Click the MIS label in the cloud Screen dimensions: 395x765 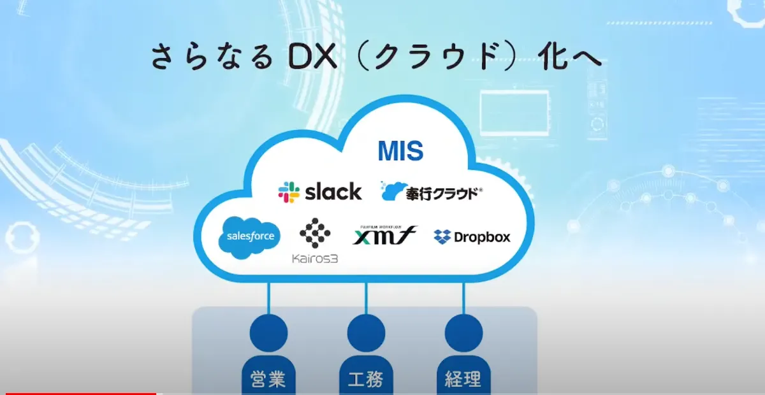click(x=400, y=151)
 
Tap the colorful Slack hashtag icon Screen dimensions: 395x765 click(x=289, y=192)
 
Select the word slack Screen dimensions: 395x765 click(x=333, y=191)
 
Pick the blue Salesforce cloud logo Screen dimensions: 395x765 click(x=249, y=236)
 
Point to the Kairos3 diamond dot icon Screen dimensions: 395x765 click(x=315, y=233)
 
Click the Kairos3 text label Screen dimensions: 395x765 click(x=315, y=258)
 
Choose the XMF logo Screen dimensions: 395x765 click(x=384, y=235)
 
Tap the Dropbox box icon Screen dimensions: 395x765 click(x=442, y=237)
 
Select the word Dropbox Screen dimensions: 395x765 click(x=482, y=237)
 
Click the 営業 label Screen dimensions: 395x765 click(x=268, y=380)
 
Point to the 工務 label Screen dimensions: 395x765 click(x=366, y=380)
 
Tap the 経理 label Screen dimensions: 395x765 click(x=463, y=380)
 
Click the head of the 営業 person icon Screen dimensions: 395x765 click(x=268, y=331)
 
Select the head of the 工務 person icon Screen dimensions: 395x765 click(x=366, y=331)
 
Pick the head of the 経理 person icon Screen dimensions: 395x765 click(x=463, y=331)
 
